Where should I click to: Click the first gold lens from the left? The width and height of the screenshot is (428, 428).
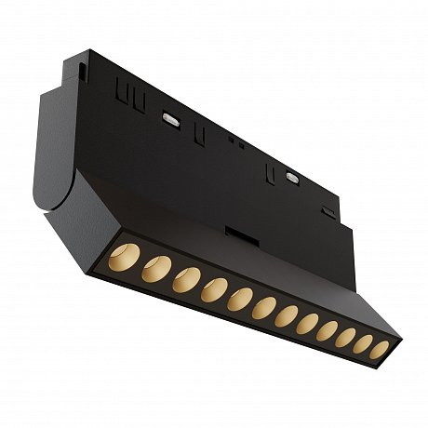coord(123,254)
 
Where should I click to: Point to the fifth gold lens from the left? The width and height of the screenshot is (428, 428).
coord(241,298)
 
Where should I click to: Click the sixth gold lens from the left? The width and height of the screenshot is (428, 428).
coord(265,306)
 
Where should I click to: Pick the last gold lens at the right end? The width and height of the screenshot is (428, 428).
coord(380,350)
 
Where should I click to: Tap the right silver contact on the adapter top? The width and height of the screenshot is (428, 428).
coord(292,174)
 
